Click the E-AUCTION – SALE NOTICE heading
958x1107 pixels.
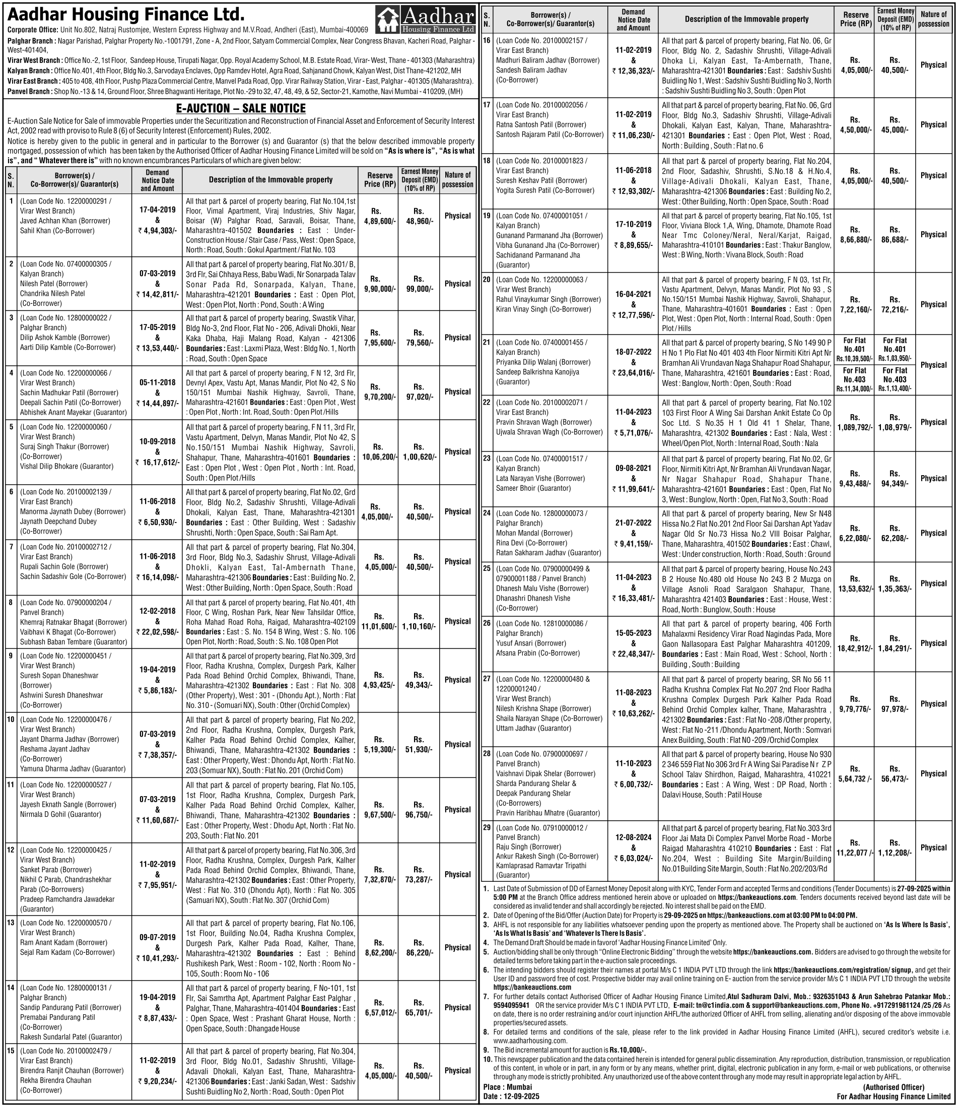(x=241, y=108)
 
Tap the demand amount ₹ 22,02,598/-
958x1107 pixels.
(x=157, y=631)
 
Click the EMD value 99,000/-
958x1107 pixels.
(x=419, y=288)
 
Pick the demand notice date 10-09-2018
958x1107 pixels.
(x=157, y=442)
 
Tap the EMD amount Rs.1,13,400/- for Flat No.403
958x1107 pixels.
(x=895, y=389)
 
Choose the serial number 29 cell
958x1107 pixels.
(x=487, y=827)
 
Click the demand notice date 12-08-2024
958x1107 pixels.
(x=634, y=837)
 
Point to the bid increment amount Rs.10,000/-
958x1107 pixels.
(x=628, y=1050)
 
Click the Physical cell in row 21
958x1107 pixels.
(x=933, y=365)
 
